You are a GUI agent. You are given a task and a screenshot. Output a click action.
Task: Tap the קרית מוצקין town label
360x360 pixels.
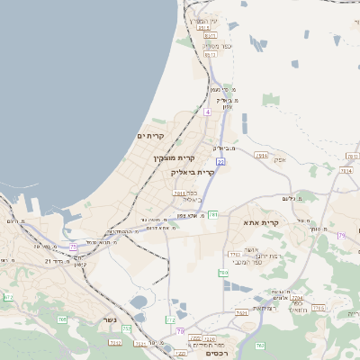174,157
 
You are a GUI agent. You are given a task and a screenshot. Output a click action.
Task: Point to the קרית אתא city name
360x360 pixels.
262,221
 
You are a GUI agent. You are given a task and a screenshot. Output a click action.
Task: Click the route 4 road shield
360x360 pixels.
207,112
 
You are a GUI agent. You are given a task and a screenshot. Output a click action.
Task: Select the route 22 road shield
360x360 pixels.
220,161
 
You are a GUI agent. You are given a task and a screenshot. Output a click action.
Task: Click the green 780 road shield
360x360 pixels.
222,272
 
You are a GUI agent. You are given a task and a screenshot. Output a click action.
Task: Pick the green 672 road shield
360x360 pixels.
8,297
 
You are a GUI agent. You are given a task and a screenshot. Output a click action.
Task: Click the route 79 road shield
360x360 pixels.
342,236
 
